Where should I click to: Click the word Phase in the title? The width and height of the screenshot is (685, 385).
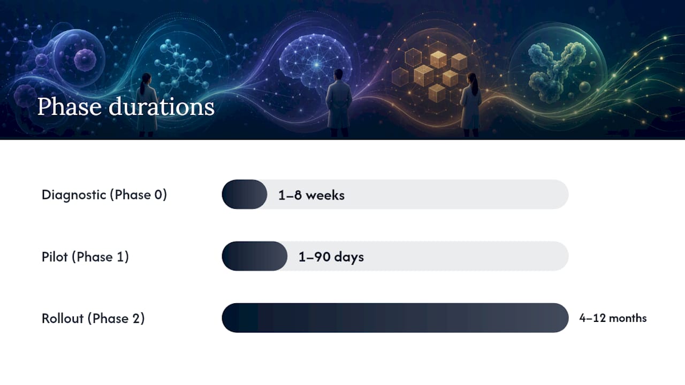click(x=70, y=106)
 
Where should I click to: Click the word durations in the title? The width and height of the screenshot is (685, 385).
click(x=162, y=106)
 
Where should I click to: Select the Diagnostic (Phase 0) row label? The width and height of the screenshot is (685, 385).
click(x=104, y=195)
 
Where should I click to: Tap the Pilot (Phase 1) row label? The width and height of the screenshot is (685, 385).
click(x=85, y=257)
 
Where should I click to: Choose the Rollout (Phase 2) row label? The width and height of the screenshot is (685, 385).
click(x=93, y=318)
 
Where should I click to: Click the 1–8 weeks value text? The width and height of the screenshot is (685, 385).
click(x=311, y=195)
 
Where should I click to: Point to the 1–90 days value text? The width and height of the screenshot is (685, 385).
click(x=331, y=257)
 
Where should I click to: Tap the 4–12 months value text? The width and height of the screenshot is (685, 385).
click(x=613, y=318)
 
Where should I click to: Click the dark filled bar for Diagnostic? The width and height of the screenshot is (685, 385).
click(x=245, y=194)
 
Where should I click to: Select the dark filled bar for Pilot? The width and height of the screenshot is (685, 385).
click(x=254, y=256)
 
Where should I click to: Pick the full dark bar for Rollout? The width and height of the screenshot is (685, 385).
click(x=395, y=318)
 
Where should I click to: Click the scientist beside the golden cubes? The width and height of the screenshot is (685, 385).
click(x=471, y=104)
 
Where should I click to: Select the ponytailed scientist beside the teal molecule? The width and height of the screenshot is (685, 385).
click(x=147, y=104)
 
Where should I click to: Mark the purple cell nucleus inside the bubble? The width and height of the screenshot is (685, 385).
click(x=85, y=59)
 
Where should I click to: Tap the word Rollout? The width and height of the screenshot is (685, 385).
click(x=63, y=318)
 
